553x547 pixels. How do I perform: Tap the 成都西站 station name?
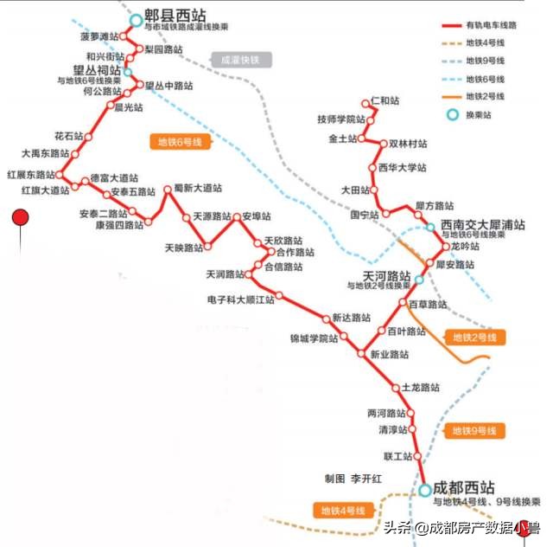click(464, 486)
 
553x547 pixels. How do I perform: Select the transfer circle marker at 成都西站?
click(425, 491)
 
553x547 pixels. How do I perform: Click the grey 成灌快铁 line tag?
click(240, 60)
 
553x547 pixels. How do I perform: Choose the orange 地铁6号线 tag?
click(179, 142)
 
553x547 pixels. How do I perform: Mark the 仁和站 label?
click(385, 101)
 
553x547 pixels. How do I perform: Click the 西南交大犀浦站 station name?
click(482, 224)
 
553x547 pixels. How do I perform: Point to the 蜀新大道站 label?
click(197, 187)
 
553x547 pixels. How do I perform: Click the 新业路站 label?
click(389, 354)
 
